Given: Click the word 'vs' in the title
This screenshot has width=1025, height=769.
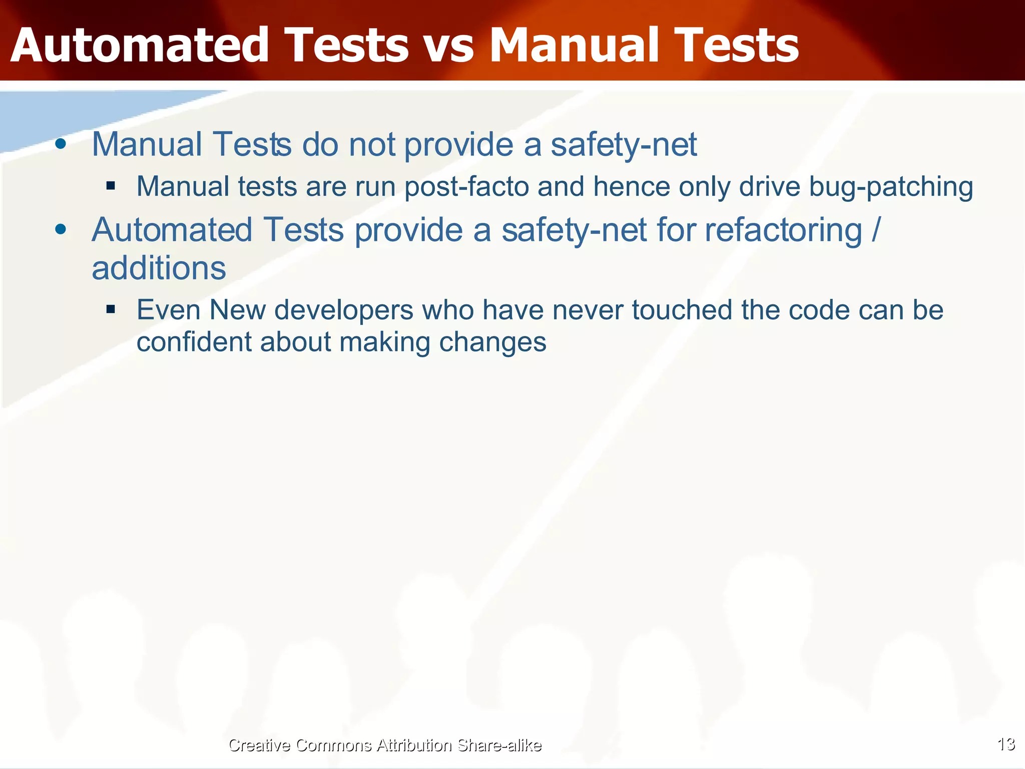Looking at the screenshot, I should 447,47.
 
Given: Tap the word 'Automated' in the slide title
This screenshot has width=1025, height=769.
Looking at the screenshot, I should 139,46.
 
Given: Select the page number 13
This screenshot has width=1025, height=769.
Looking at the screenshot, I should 1006,744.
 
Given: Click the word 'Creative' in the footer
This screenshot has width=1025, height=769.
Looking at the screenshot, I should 259,745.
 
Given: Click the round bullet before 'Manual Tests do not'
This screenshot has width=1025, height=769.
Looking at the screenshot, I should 61,144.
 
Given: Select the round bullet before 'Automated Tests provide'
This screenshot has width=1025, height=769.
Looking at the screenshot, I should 61,229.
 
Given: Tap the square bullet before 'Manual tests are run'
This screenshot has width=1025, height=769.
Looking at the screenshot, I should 111,186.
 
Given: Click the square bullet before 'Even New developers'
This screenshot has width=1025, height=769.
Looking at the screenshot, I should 111,309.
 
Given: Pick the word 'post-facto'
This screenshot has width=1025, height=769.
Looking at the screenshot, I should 466,187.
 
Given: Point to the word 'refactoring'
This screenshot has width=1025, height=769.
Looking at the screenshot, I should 783,230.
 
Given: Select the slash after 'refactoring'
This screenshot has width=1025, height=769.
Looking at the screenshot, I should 875,230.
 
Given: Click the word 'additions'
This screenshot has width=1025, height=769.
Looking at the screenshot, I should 159,268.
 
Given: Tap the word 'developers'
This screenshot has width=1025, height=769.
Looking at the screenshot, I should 344,310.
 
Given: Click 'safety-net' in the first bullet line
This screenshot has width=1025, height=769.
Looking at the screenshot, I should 624,145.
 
